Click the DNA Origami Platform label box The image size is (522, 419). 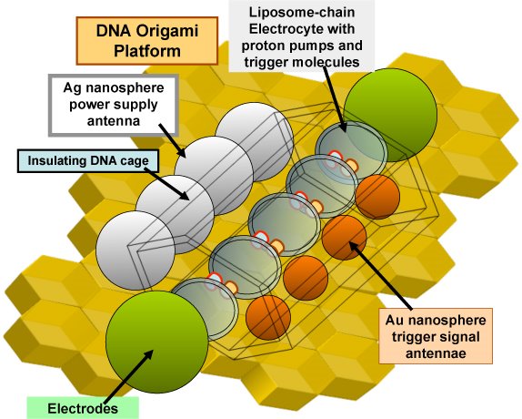click(x=147, y=41)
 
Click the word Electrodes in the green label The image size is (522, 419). click(x=83, y=408)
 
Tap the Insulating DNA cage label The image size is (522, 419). click(x=88, y=161)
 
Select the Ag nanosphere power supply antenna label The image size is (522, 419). click(x=114, y=105)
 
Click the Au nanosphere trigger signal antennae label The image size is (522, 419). click(x=436, y=336)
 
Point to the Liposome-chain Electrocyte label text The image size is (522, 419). click(x=302, y=36)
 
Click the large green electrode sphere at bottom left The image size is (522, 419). click(x=157, y=342)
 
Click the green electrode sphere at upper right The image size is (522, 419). click(x=390, y=115)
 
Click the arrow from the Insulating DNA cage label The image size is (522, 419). click(x=167, y=184)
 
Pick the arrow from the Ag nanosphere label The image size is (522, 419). click(x=172, y=140)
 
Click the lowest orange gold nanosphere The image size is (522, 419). click(x=268, y=317)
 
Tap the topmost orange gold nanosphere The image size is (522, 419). click(x=377, y=197)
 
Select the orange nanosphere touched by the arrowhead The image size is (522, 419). click(x=345, y=238)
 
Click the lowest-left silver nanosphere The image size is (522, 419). click(x=136, y=250)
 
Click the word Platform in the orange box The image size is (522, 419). click(x=147, y=51)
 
